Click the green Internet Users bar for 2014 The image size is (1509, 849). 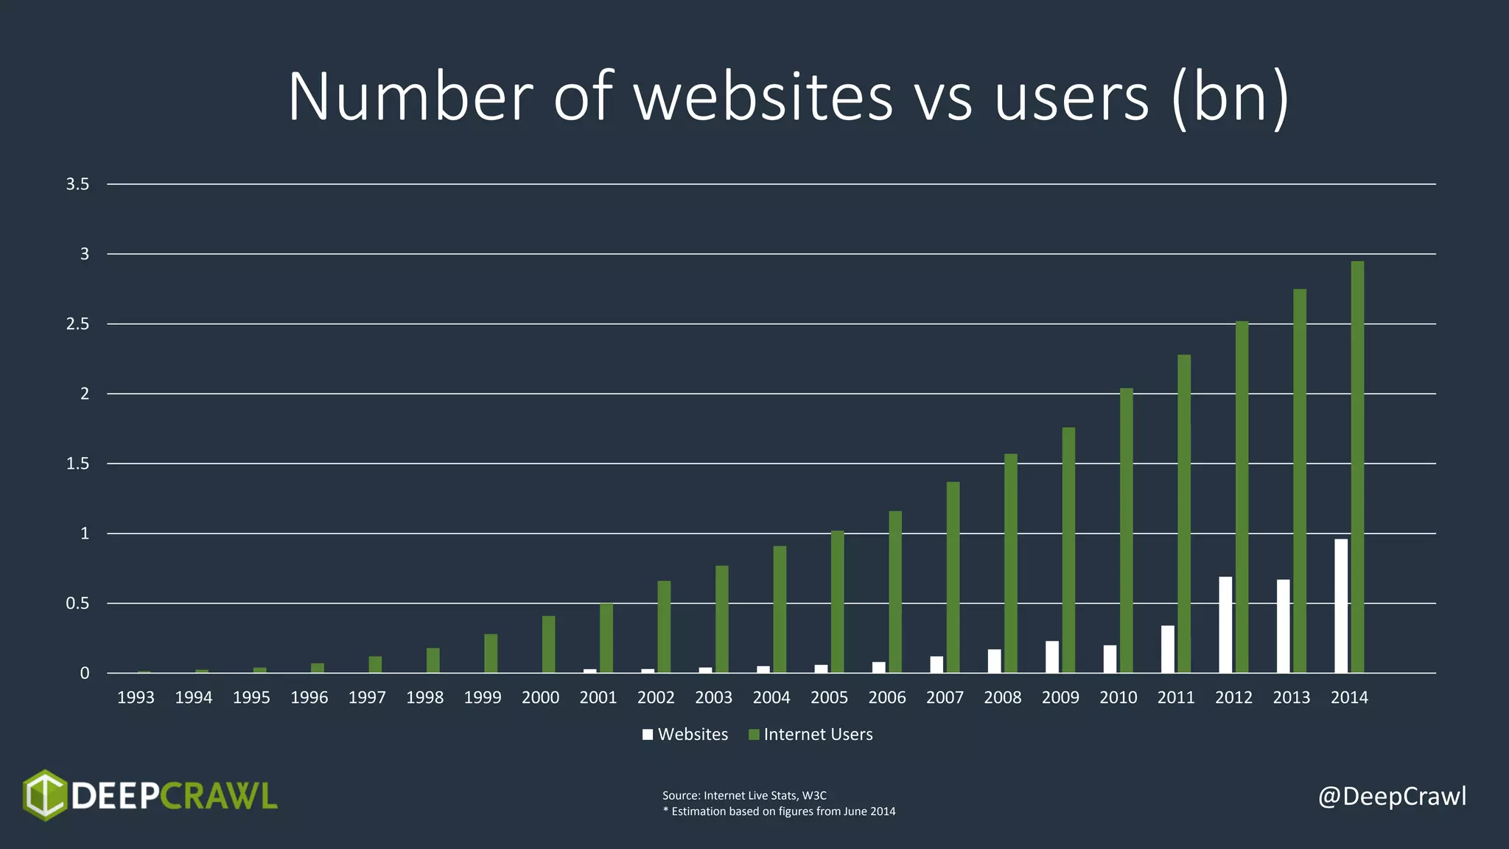tap(1357, 467)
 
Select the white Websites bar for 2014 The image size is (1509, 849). tap(1341, 606)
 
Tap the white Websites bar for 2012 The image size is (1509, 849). tap(1225, 625)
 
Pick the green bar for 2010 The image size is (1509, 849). tap(1127, 531)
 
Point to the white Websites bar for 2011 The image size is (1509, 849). tap(1168, 649)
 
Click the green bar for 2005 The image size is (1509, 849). tap(838, 602)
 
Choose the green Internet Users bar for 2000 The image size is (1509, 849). tap(549, 645)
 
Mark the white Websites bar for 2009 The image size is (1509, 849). tap(1052, 657)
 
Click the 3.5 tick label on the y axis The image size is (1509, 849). tap(77, 184)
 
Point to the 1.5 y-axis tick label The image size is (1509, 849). tap(77, 464)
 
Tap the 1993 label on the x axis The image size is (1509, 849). tap(136, 697)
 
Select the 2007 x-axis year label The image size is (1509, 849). tap(945, 697)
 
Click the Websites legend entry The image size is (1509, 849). tap(685, 734)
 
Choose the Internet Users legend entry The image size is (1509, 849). tap(810, 734)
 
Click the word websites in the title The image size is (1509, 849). tap(763, 97)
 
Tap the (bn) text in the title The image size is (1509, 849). tap(1230, 97)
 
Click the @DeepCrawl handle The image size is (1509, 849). tap(1392, 796)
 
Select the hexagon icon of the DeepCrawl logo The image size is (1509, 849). tap(45, 795)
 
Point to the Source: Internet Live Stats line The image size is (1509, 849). tap(744, 795)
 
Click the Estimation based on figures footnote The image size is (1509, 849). tap(779, 811)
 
